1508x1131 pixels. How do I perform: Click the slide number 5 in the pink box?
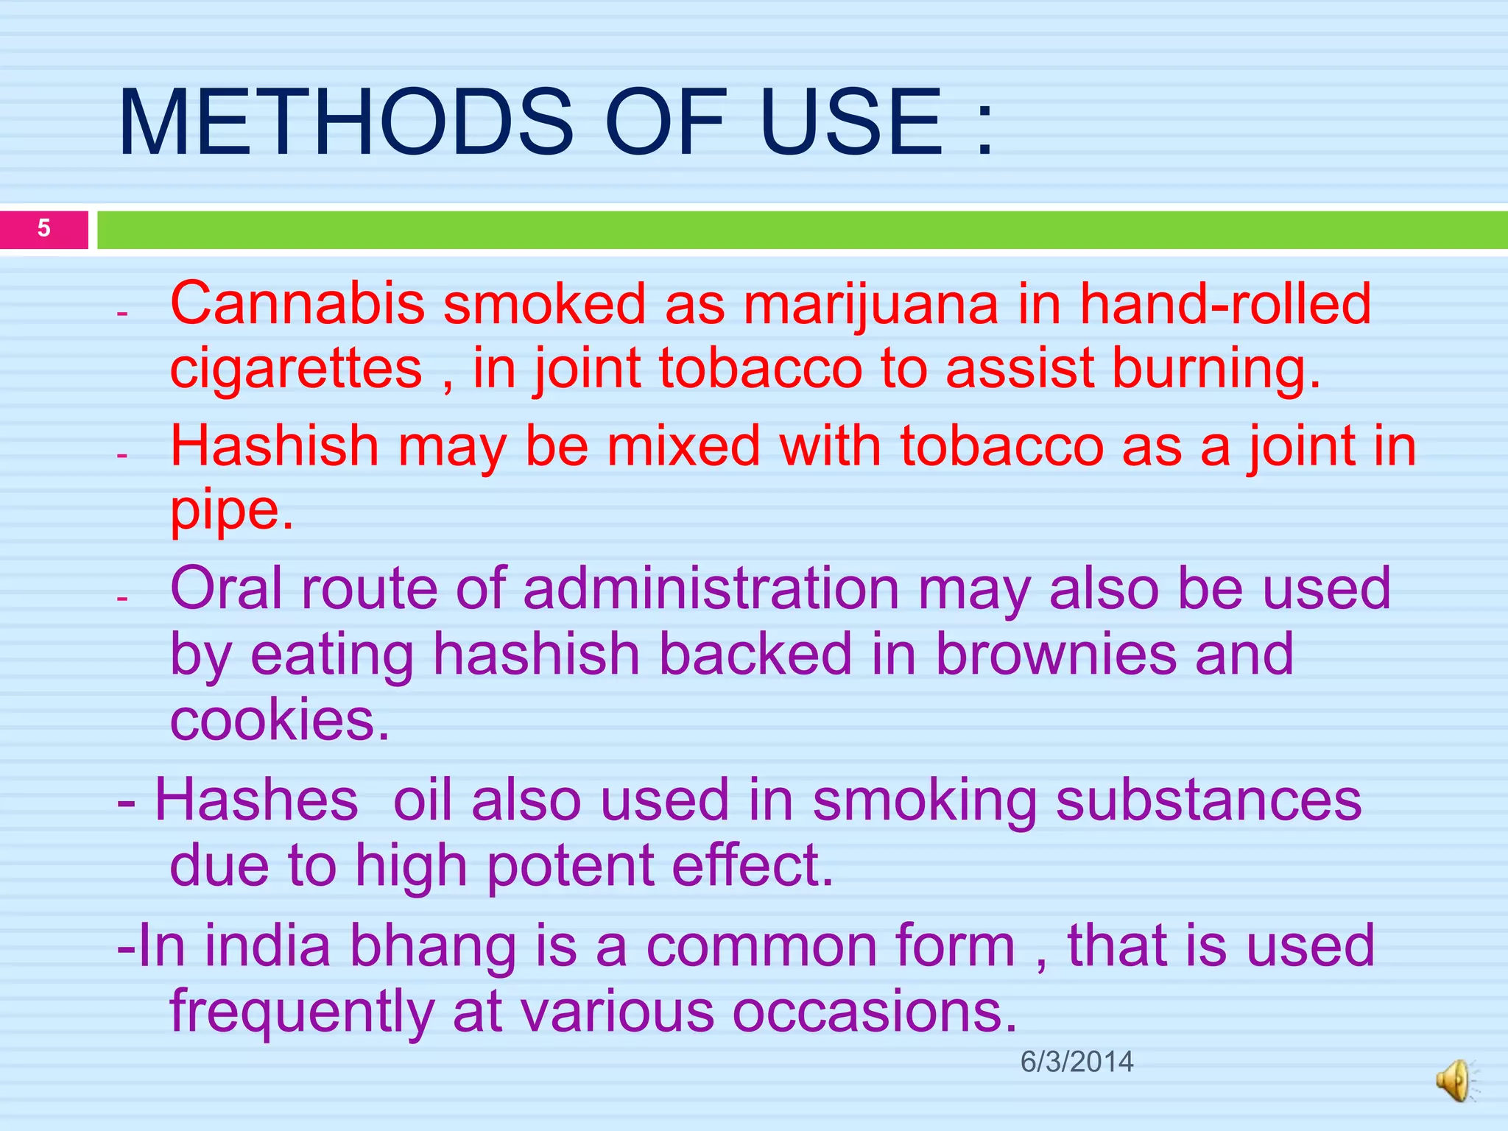44,228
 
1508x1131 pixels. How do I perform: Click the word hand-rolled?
1225,303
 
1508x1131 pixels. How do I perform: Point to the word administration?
711,588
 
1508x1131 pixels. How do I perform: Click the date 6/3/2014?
1077,1062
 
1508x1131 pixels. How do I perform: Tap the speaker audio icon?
1455,1081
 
